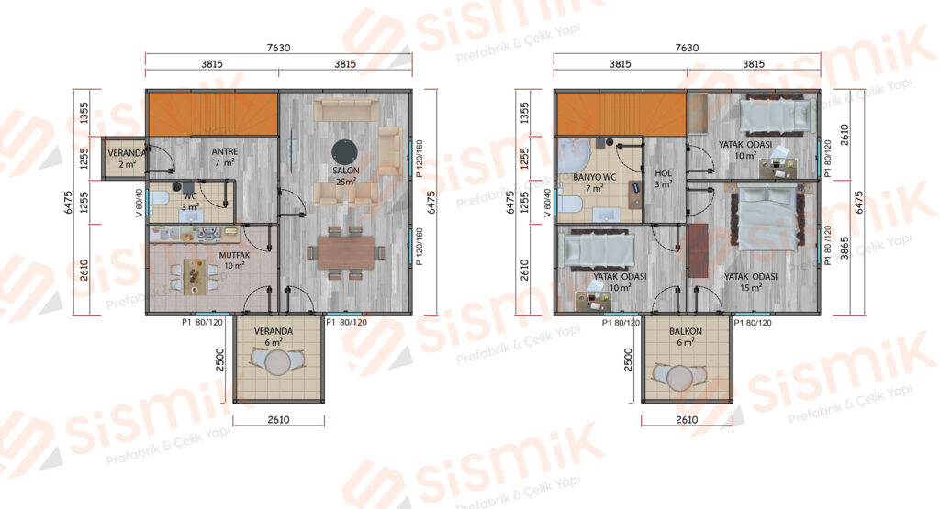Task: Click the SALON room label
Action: [346, 171]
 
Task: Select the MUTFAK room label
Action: [234, 255]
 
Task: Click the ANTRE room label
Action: [225, 151]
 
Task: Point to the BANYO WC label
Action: [594, 177]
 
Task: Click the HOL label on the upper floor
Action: [663, 173]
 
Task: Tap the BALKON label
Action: [685, 331]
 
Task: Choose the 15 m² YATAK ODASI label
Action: [751, 277]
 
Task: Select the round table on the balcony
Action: [680, 377]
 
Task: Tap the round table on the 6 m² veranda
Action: [277, 362]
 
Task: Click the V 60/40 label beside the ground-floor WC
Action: [140, 203]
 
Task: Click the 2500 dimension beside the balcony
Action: [628, 360]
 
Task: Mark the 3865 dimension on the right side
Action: [845, 248]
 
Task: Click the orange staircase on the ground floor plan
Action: [213, 114]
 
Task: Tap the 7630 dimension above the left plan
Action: [279, 48]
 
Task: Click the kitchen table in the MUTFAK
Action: [194, 276]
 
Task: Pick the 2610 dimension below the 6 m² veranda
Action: [279, 420]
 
